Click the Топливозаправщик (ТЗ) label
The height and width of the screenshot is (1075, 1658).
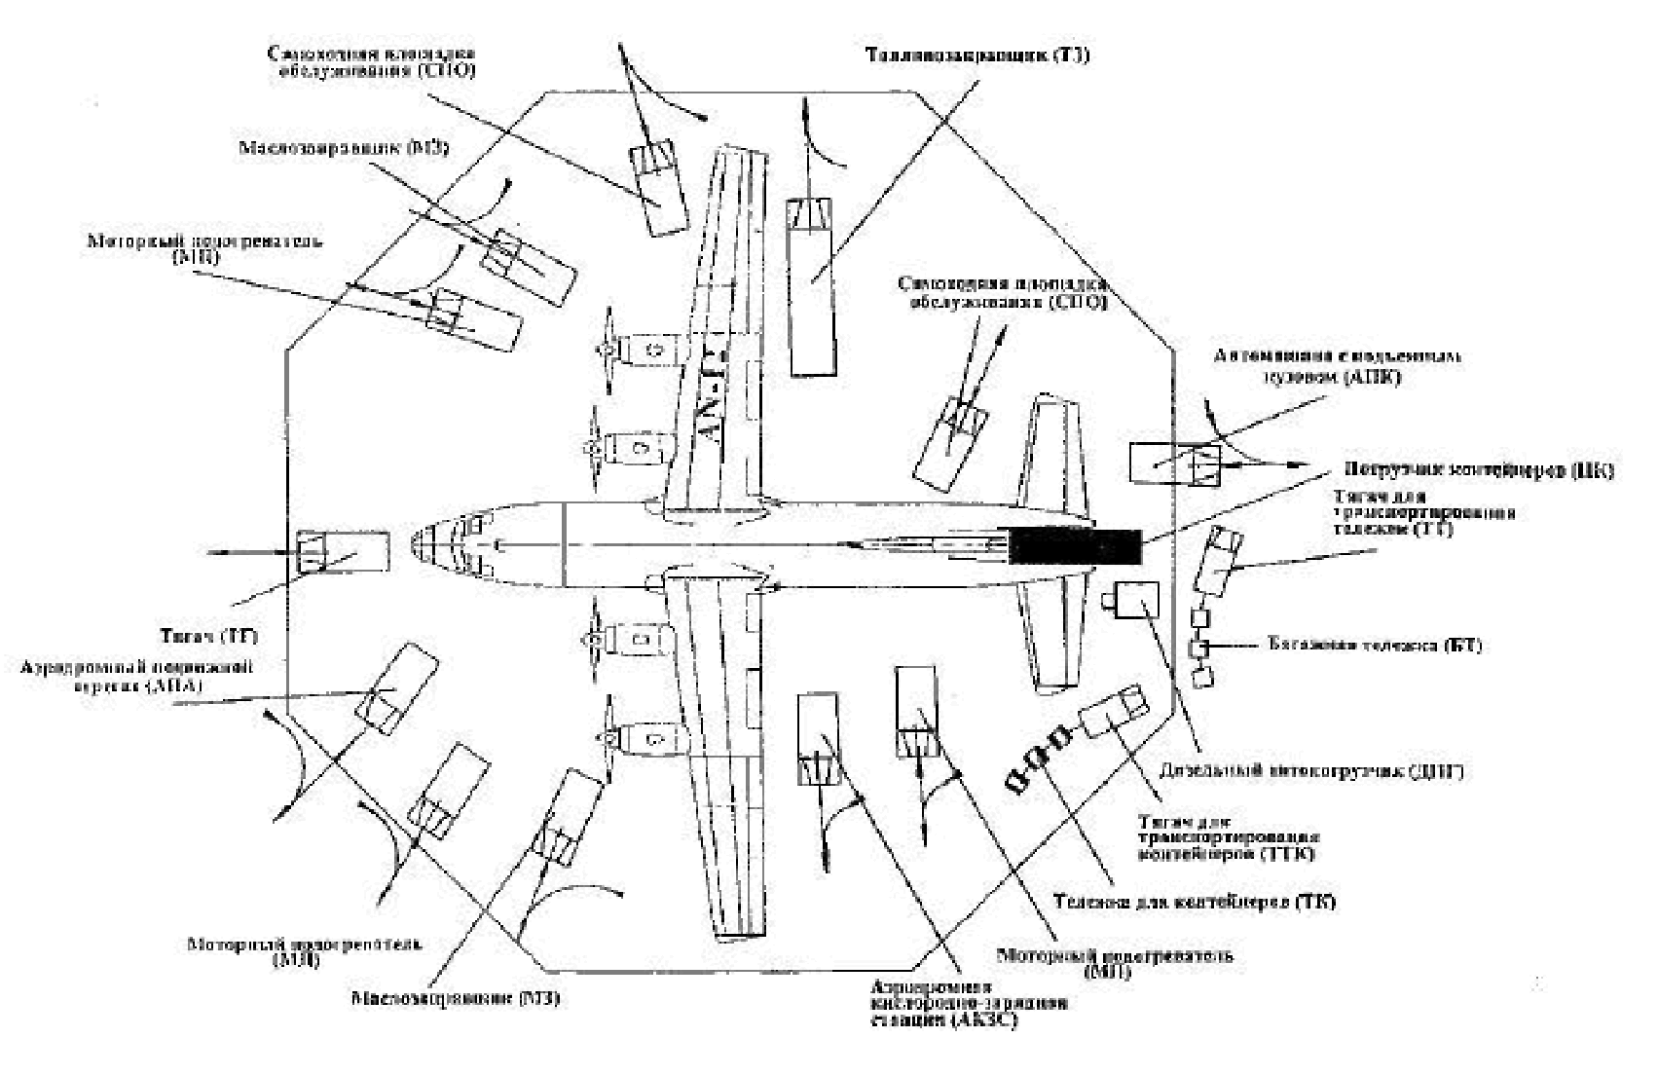(x=977, y=56)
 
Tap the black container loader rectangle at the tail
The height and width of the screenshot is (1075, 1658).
(x=1075, y=546)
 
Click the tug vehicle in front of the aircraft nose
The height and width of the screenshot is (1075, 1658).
(x=342, y=552)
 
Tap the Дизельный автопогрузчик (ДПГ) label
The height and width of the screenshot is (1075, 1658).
(x=1313, y=771)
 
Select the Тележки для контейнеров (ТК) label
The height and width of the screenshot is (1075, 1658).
(x=1194, y=902)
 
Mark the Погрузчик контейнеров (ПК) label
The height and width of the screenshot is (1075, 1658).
(x=1479, y=471)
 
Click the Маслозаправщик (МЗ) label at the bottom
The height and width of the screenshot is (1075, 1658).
(x=455, y=999)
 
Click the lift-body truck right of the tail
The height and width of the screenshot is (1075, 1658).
(x=1175, y=462)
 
